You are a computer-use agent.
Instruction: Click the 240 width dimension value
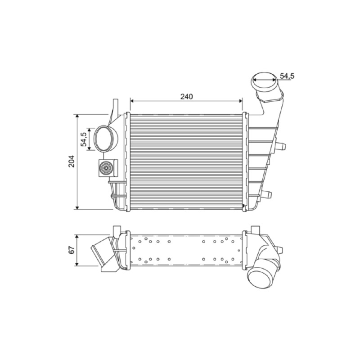pos(186,97)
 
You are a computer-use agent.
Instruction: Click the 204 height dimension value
pos(72,162)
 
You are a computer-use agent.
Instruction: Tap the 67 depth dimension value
pos(72,250)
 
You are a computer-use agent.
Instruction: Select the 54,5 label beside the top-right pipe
pos(287,76)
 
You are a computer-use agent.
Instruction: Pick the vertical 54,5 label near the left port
pos(83,139)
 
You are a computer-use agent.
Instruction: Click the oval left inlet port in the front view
pos(105,139)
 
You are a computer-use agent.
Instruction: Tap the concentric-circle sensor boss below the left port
pos(106,168)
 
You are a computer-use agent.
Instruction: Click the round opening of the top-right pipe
pos(264,82)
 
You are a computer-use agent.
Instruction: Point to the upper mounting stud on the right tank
pos(280,145)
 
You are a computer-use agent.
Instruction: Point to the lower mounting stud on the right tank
pos(267,194)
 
